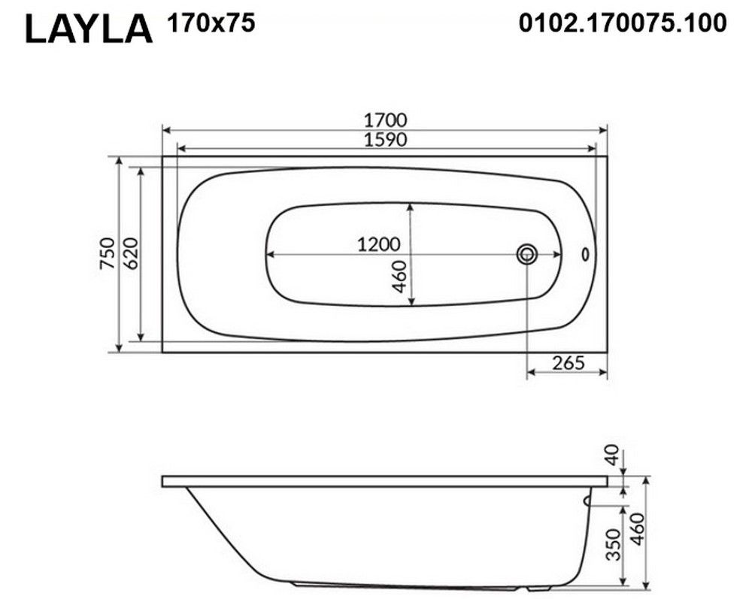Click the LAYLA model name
89,29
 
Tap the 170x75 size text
211,23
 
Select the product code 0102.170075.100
623,23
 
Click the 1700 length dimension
386,119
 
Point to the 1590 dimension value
386,140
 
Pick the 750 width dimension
108,253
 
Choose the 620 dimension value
129,253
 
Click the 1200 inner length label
378,244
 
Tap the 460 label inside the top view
399,277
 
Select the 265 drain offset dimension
569,363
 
